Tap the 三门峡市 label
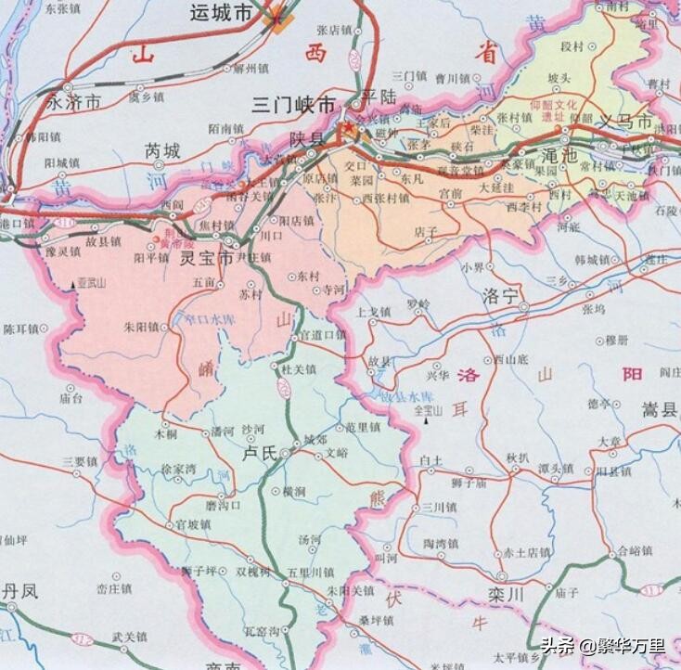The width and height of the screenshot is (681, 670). coord(298,106)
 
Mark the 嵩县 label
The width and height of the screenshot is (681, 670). coord(660,408)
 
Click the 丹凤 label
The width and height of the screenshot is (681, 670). coord(19,590)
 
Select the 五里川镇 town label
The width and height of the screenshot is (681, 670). coord(310,572)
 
